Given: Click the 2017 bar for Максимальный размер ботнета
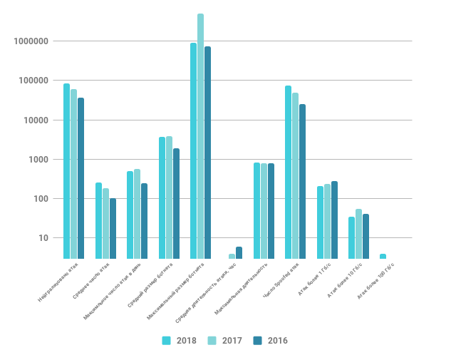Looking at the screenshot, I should pos(200,135).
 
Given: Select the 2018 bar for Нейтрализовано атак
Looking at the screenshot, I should pos(66,171).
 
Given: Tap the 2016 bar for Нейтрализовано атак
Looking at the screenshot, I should pos(81,178).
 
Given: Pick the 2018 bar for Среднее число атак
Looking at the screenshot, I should pos(98,220).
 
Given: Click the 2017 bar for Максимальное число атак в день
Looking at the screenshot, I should pos(137,214).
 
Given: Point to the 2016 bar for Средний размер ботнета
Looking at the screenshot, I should pos(176,203).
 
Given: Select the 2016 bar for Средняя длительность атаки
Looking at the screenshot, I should pos(239,252).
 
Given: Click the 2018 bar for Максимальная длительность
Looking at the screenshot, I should pos(256,210).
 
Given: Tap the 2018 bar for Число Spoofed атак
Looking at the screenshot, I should pos(288,172).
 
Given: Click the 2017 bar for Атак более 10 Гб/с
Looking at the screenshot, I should pos(358,234).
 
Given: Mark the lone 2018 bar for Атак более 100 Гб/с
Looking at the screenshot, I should pos(383,256).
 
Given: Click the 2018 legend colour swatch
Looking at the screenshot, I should pos(167,341).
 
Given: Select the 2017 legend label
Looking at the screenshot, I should pos(232,341).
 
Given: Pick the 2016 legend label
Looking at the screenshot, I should pos(278,341).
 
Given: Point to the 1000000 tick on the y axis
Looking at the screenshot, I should pos(31,41).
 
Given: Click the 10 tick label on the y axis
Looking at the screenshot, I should pos(43,238).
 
